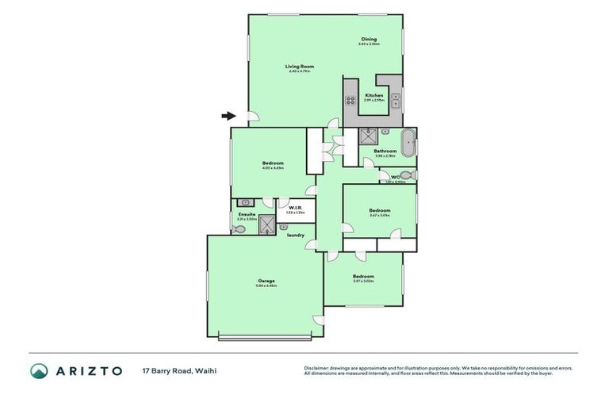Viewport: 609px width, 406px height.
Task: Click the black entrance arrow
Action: tap(228, 116)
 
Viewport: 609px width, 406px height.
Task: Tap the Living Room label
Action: tap(300, 66)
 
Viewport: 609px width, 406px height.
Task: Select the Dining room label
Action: tap(369, 39)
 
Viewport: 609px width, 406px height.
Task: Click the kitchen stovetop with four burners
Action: tap(350, 100)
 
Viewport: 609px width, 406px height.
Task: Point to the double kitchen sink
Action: tap(395, 100)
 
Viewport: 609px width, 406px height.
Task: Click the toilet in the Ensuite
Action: tap(239, 228)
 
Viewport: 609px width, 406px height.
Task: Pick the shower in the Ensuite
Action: tap(266, 225)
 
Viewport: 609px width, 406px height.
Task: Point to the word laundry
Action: tap(296, 235)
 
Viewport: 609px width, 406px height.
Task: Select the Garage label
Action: tap(266, 281)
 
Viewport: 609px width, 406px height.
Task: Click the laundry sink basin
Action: tap(283, 228)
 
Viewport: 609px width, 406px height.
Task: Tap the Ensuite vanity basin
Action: tap(246, 203)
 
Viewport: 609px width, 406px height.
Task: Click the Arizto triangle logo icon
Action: tap(39, 371)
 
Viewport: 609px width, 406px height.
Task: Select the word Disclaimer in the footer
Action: tap(316, 368)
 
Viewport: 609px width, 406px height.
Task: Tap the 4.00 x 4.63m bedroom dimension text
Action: tap(272, 168)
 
